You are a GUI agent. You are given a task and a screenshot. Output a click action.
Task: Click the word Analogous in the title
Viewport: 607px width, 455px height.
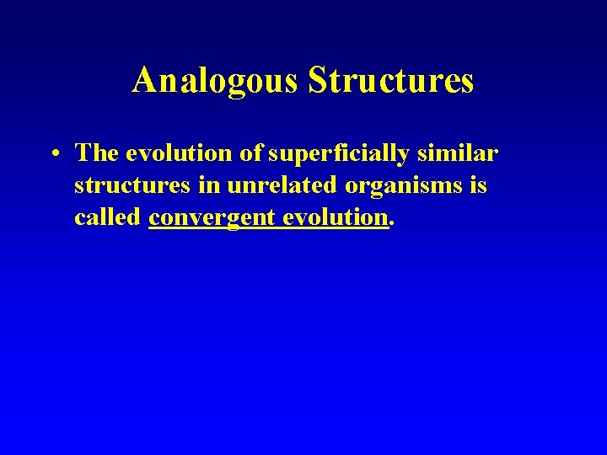click(x=217, y=81)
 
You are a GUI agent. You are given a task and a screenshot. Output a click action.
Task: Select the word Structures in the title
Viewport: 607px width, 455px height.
click(x=391, y=81)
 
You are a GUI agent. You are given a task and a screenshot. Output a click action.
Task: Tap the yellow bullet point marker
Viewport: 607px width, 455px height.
click(x=53, y=154)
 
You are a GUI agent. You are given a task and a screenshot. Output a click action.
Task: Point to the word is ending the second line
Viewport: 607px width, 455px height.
click(x=479, y=185)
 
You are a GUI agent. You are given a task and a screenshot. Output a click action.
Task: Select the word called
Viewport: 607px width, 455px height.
click(x=107, y=217)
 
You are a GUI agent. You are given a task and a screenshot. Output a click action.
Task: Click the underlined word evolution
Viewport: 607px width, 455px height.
click(x=335, y=217)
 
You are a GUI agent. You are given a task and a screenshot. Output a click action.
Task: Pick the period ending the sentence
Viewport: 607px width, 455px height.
click(x=391, y=224)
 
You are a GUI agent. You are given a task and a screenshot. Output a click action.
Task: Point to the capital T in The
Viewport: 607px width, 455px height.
click(x=83, y=153)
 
